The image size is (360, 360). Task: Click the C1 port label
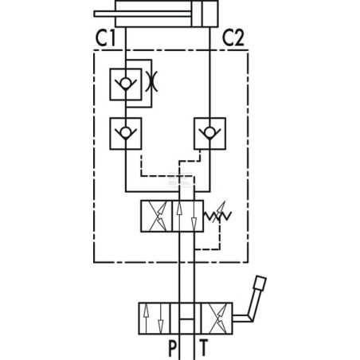pos(106,38)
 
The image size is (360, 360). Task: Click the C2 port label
pos(233,38)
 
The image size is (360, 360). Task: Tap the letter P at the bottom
pos(172,348)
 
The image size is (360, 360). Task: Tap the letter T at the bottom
pos(204,348)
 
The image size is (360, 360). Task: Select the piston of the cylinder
pos(197,14)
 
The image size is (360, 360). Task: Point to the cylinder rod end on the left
pos(96,14)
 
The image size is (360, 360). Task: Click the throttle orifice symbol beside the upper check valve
pos(151,81)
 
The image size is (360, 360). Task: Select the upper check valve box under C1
pos(126,84)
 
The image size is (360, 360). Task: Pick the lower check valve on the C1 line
pos(126,134)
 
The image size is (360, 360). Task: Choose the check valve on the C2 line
pos(210,134)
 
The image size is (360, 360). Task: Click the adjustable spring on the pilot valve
pos(217,215)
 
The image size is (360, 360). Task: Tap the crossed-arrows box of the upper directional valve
pos(156,216)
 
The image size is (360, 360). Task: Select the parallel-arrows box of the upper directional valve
pos(188,216)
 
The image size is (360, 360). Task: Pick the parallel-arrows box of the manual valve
pos(155,319)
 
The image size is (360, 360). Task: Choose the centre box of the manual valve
pos(186,319)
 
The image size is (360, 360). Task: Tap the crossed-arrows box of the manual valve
pos(217,319)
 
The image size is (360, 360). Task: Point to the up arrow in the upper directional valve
pos(179,216)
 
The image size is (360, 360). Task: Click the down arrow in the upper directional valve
pos(194,216)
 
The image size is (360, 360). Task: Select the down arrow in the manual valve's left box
pos(161,319)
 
